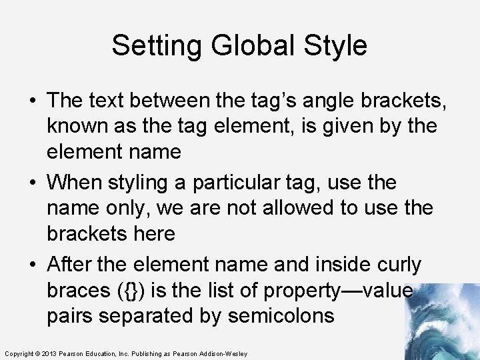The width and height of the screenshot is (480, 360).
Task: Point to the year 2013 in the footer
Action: (47, 353)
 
